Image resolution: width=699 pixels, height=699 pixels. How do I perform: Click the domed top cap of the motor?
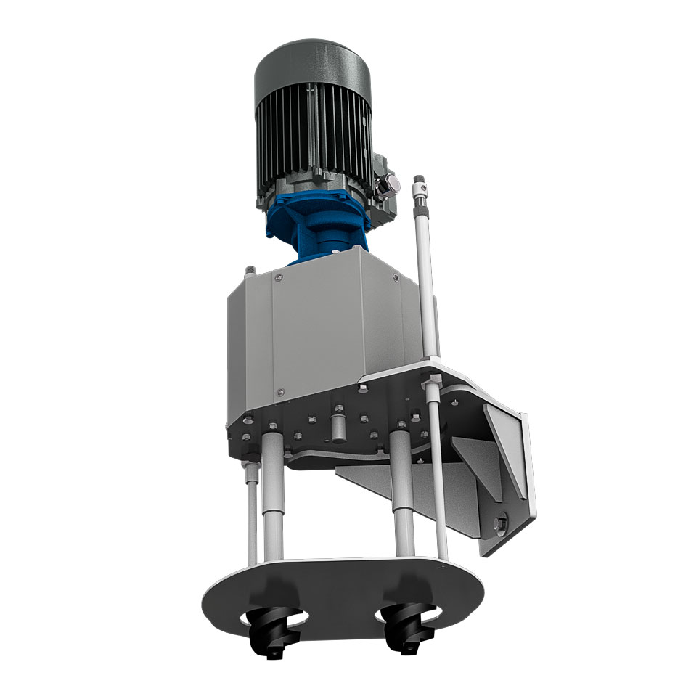312,69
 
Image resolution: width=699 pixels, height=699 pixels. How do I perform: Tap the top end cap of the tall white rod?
418,181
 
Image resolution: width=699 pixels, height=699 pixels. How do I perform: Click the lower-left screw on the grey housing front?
277,391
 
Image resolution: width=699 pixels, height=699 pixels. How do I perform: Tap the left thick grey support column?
271,494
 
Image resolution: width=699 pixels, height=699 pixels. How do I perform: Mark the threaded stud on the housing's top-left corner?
249,271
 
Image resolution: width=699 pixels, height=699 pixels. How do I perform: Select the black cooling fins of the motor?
312,138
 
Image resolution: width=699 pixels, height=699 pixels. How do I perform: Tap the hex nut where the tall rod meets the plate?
432,381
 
